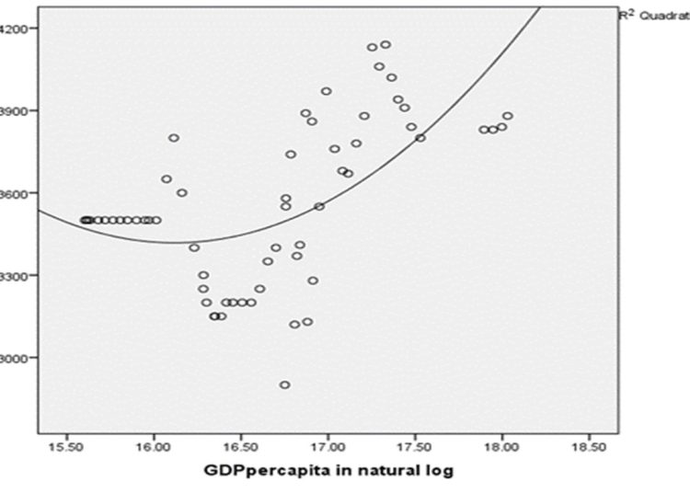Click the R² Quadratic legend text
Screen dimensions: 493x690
[x=653, y=15]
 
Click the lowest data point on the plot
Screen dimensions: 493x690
[x=285, y=384]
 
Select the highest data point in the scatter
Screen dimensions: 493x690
[x=385, y=44]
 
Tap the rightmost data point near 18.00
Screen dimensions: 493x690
[x=508, y=116]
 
